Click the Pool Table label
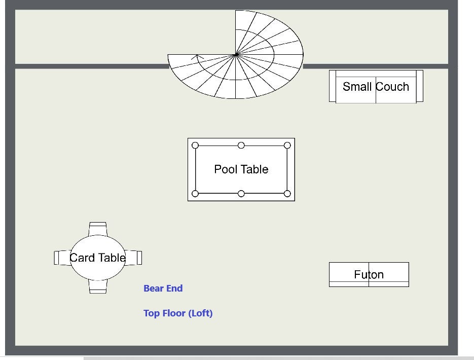241,169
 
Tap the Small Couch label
376,87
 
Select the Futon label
369,274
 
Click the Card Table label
97,258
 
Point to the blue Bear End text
163,289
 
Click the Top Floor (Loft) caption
178,313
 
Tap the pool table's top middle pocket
241,146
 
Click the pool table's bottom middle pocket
241,194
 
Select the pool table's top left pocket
195,146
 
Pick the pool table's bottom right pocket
287,194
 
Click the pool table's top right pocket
287,146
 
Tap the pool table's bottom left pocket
195,194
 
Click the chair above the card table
97,228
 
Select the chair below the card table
98,287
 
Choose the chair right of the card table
134,258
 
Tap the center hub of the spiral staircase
236,54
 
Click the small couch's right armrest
419,86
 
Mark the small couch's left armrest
333,86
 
